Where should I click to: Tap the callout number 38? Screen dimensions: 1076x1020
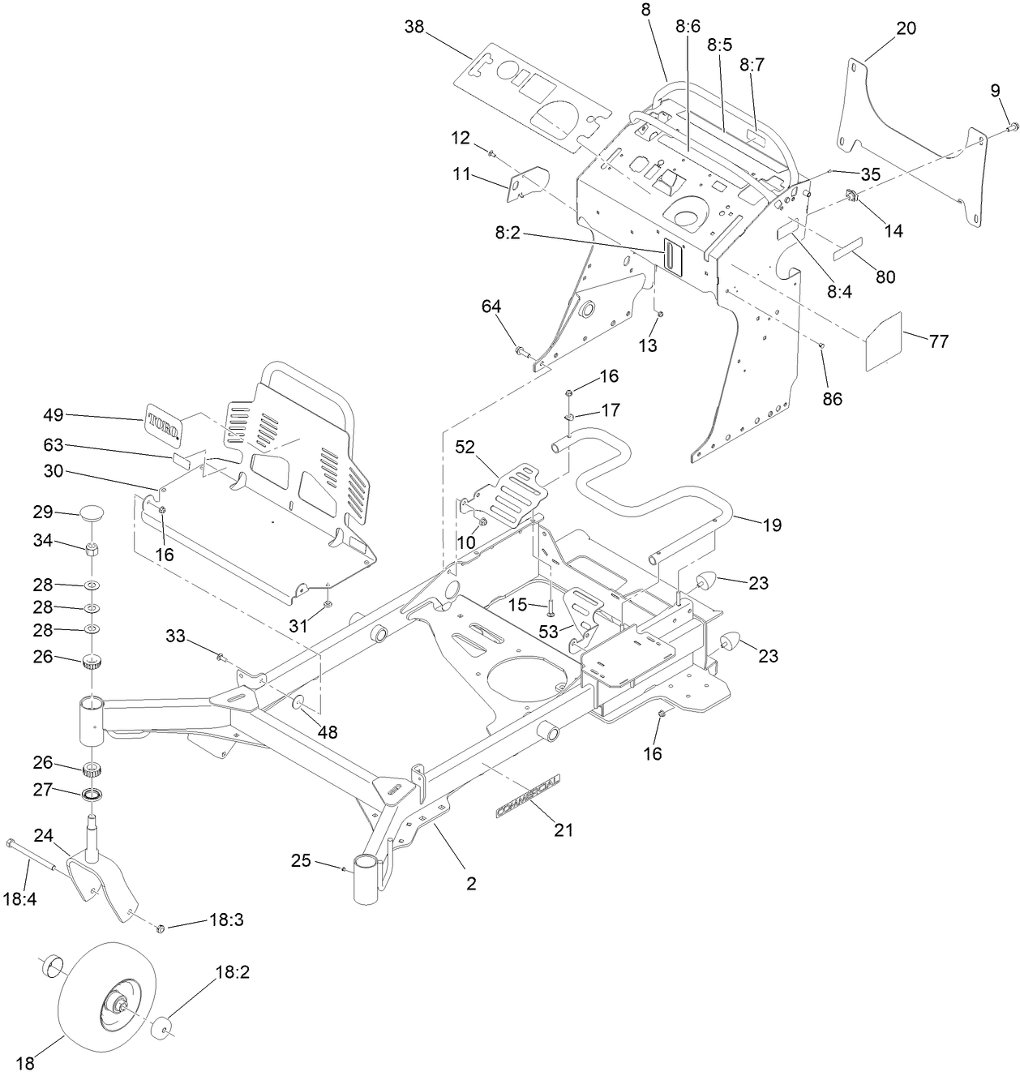414,27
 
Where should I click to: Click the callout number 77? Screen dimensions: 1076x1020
938,341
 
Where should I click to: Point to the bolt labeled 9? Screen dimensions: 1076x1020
1013,126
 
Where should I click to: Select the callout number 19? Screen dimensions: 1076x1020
772,525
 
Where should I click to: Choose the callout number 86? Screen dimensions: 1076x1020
832,398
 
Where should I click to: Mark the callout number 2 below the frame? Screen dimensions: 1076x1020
471,883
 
